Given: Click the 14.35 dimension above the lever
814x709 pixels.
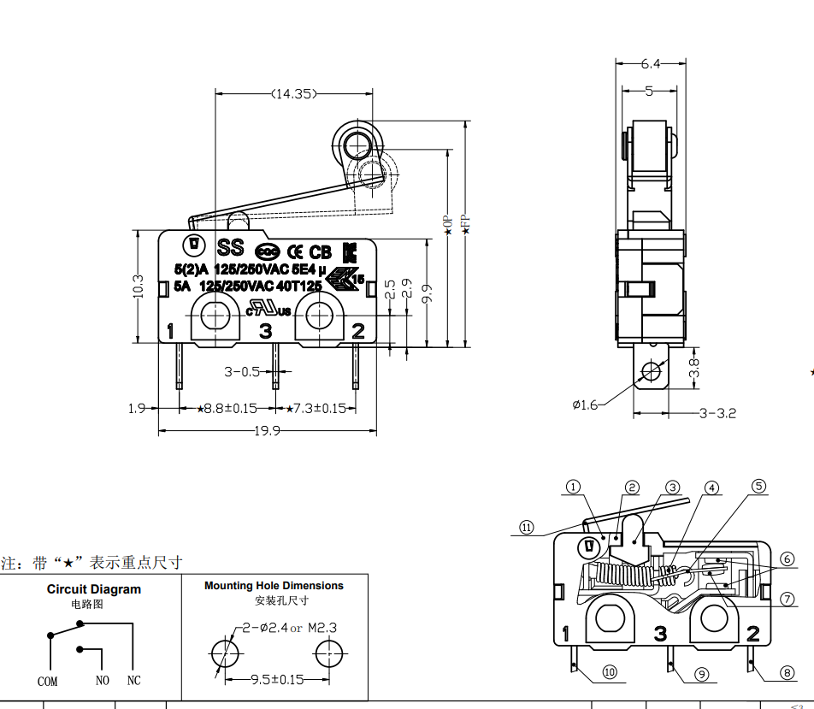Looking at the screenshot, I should [292, 94].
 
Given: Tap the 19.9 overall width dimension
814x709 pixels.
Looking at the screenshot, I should [267, 431].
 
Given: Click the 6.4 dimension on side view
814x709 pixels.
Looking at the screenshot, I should [652, 63].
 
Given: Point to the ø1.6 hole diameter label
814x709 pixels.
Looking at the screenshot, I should [586, 404].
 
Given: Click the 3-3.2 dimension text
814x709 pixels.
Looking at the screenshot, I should [717, 413].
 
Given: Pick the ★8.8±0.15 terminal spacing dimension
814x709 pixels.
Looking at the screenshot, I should [227, 409].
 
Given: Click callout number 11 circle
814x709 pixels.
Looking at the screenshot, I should [527, 528].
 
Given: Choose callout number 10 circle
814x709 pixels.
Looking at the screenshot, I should [610, 672].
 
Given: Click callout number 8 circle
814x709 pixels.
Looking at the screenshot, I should [787, 673].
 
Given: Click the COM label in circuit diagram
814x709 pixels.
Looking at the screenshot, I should [48, 682].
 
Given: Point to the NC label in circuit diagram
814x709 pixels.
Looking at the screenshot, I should [133, 681].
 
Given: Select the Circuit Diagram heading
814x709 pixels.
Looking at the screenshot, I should [94, 589].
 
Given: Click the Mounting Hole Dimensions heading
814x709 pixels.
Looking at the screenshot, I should [274, 586].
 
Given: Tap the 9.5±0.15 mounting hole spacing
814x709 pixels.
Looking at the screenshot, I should [277, 680].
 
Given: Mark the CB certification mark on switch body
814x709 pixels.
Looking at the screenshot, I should [320, 252].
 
